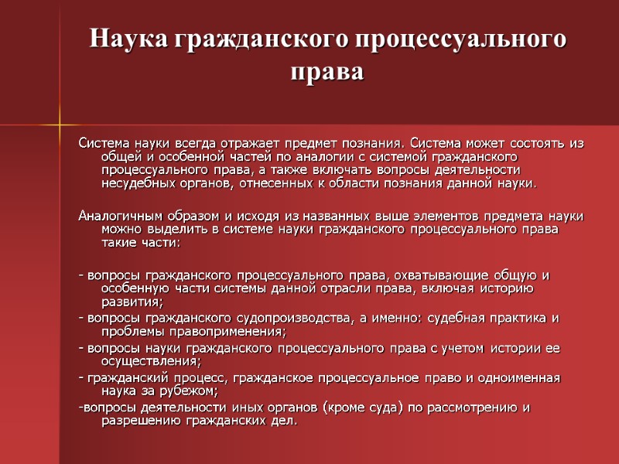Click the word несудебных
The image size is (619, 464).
(137, 184)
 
